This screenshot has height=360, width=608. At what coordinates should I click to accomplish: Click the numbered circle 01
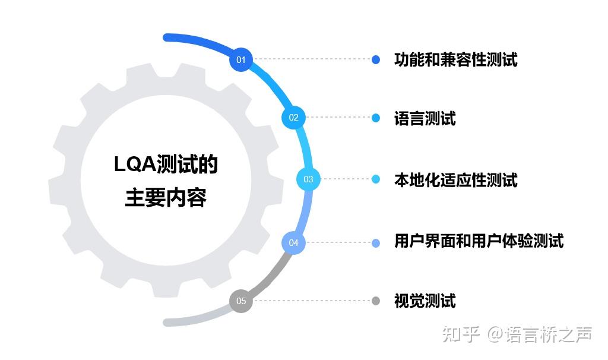(240, 59)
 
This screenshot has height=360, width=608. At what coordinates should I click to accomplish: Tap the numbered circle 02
(293, 118)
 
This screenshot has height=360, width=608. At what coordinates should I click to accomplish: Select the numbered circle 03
(308, 179)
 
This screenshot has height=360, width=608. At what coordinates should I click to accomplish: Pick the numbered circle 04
(293, 242)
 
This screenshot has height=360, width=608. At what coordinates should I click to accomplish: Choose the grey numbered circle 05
(240, 301)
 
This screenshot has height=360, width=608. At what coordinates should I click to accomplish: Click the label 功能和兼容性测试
(455, 59)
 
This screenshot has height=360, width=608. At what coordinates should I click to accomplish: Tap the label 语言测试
(425, 118)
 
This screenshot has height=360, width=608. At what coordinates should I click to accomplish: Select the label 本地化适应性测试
(455, 179)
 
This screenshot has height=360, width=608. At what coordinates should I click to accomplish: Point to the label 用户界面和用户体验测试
(479, 241)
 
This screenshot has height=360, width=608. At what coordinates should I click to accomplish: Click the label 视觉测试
(425, 301)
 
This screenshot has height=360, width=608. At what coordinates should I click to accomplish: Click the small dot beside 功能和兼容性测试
(375, 59)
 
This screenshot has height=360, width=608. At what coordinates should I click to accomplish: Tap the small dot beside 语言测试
(375, 118)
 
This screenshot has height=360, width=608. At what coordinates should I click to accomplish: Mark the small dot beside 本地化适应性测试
(375, 179)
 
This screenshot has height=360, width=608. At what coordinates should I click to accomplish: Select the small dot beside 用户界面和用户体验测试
(375, 242)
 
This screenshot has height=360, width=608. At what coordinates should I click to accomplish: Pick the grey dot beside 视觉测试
(375, 301)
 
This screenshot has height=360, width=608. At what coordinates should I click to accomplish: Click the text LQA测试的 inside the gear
(166, 165)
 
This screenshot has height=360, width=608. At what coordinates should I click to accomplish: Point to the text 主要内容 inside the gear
(166, 198)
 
